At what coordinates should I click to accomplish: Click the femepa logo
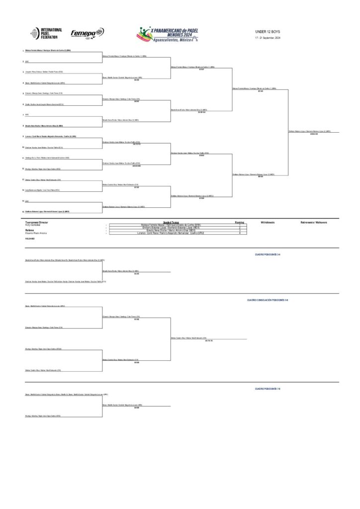click(x=87, y=33)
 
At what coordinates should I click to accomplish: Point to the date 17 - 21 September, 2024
click(x=268, y=38)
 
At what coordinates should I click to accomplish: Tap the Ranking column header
click(x=240, y=222)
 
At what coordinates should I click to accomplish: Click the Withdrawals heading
click(x=267, y=222)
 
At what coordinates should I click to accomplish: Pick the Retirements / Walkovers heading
click(x=314, y=222)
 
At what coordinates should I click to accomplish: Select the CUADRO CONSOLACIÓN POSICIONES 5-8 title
click(x=268, y=300)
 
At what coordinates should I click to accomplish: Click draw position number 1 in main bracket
click(x=23, y=51)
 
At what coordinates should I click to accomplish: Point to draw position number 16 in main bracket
click(x=23, y=211)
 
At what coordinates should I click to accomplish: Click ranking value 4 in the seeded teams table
click(x=240, y=233)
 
